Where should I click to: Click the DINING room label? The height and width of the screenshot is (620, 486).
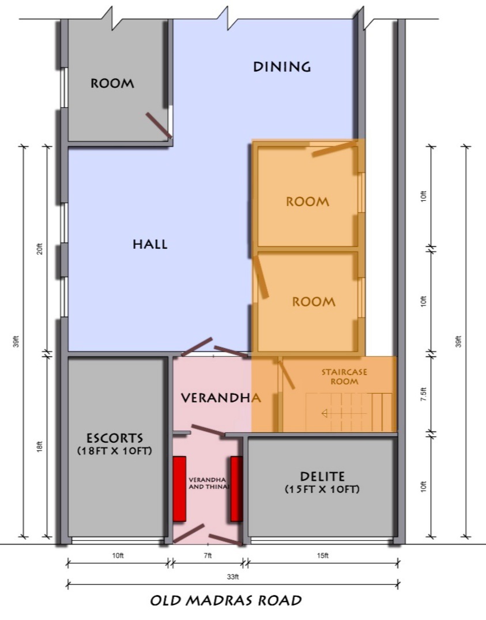[282, 66]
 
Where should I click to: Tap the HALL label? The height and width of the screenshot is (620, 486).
[150, 244]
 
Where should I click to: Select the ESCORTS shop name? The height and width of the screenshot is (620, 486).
[115, 438]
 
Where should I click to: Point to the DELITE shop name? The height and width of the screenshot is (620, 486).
[322, 476]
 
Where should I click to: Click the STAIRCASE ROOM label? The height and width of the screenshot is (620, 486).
[344, 377]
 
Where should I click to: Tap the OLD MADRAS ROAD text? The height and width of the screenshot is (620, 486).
[226, 600]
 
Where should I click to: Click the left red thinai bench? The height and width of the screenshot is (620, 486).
[179, 489]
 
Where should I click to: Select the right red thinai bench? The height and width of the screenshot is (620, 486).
[236, 489]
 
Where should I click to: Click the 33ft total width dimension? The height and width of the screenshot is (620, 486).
[233, 577]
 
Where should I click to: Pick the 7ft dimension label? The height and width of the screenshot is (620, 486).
[208, 555]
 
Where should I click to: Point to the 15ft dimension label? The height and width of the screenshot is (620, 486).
[322, 555]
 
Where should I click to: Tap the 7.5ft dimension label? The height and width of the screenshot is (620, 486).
[423, 394]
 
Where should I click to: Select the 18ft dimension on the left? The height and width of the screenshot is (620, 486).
[39, 446]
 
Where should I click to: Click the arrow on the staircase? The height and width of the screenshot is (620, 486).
[344, 413]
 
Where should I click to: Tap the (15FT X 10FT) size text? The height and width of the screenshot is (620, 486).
[322, 489]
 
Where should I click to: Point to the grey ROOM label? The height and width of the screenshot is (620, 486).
[112, 84]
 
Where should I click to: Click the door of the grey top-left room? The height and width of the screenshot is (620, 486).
[159, 125]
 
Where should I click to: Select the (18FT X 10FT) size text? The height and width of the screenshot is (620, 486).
[115, 451]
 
